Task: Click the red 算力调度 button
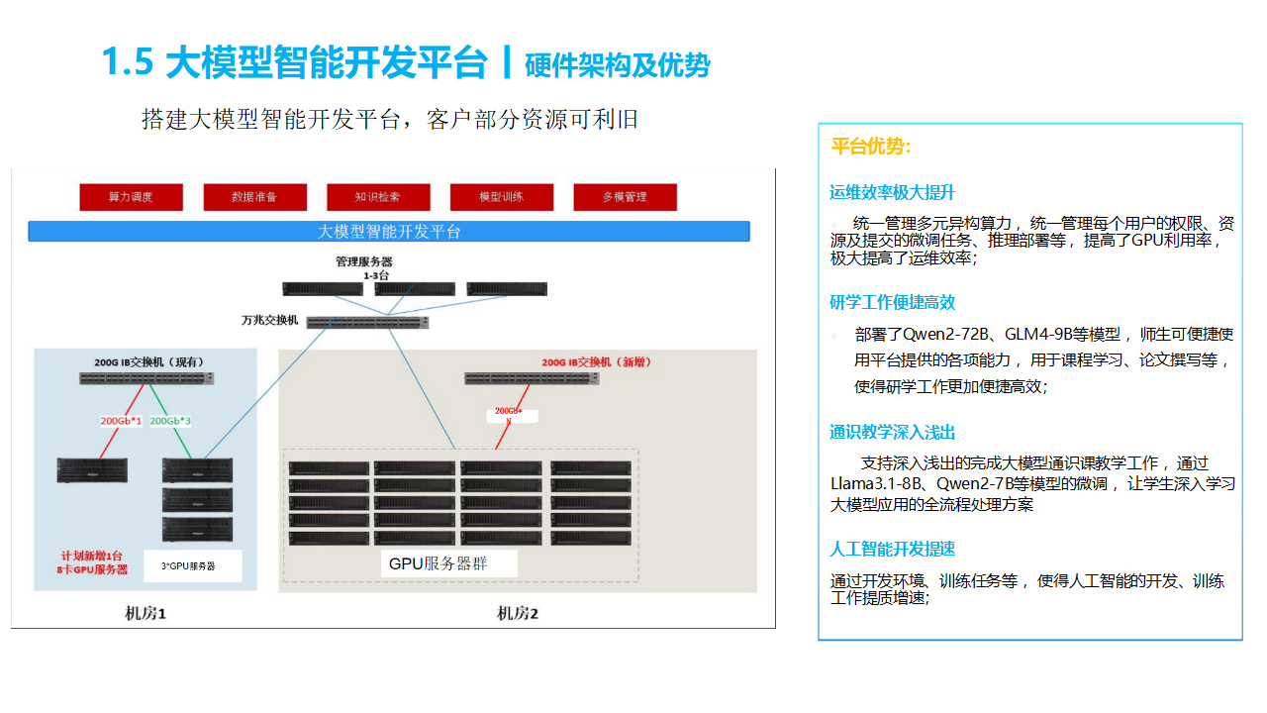pyautogui.click(x=131, y=197)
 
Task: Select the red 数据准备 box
pyautogui.click(x=254, y=197)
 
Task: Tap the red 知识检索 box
pyautogui.click(x=378, y=197)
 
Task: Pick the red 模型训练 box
pyautogui.click(x=502, y=197)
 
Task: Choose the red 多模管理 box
pyautogui.click(x=625, y=197)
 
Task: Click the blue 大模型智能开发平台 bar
pyautogui.click(x=389, y=232)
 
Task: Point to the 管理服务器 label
pyautogui.click(x=364, y=262)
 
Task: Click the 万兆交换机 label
pyautogui.click(x=269, y=321)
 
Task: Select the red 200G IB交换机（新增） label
pyautogui.click(x=596, y=362)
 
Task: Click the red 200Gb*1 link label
pyautogui.click(x=121, y=421)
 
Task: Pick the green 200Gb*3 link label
pyautogui.click(x=170, y=421)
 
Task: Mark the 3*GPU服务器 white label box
pyautogui.click(x=188, y=566)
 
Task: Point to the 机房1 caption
pyautogui.click(x=146, y=613)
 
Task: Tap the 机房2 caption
pyautogui.click(x=517, y=613)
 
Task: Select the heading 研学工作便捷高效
pyautogui.click(x=893, y=302)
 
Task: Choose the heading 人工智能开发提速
pyautogui.click(x=893, y=549)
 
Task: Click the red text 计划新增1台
pyautogui.click(x=92, y=556)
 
